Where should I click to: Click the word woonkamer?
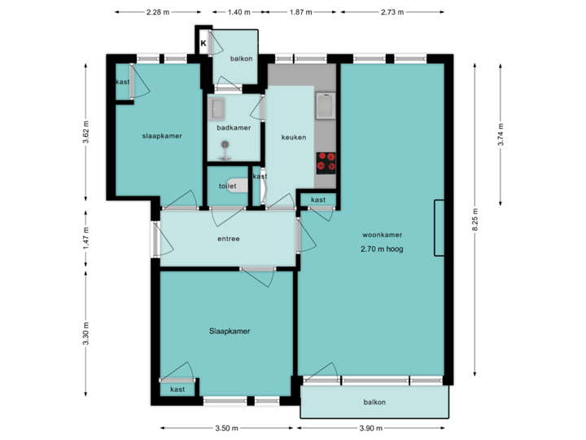tap(382, 235)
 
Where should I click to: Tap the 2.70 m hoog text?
tap(382, 249)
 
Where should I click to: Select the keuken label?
tap(294, 137)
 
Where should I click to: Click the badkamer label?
tap(234, 128)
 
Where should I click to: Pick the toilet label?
tap(227, 186)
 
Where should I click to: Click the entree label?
tap(228, 239)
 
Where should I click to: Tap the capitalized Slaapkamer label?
tap(229, 332)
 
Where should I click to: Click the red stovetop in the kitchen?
tap(326, 162)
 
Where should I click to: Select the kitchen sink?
tap(326, 106)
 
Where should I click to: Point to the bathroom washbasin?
tap(218, 108)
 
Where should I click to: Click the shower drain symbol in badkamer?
tap(225, 146)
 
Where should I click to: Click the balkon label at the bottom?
tap(374, 403)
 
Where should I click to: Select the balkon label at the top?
tap(241, 59)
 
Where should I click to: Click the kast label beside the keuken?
tap(318, 200)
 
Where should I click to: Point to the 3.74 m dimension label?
tap(500, 135)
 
